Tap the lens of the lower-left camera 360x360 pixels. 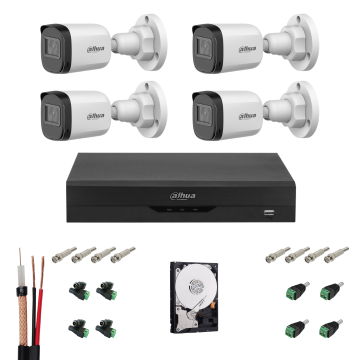[43, 107]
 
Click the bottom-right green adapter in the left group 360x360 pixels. [104, 328]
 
